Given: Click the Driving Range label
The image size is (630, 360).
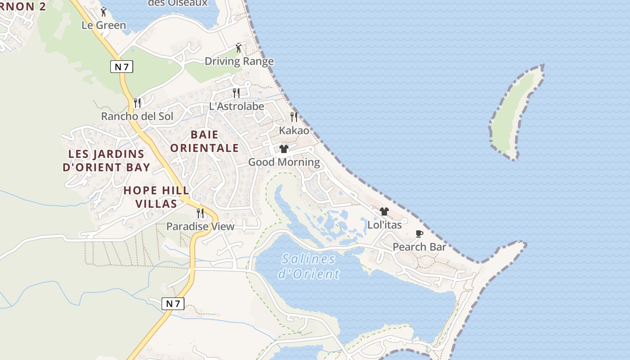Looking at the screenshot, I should point(239,61).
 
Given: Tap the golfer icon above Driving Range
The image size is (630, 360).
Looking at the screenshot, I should point(238,48).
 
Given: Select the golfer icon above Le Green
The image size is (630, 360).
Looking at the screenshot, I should point(103,12).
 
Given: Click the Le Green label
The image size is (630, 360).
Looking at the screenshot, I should point(103,25).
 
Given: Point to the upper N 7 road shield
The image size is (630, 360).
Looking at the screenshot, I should point(121,67).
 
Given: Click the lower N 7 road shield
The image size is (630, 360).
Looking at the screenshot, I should point(173,303).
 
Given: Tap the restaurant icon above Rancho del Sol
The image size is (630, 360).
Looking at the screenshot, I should point(137,103).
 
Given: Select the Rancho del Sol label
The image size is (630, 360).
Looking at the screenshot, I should point(137,116).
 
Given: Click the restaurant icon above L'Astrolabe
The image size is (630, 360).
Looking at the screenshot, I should point(236,93).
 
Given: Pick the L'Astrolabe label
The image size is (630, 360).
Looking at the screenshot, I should point(236,107).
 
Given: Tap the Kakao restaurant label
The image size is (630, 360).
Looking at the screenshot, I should point(294,130).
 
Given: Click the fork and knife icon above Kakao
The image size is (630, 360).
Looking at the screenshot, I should point(294,117).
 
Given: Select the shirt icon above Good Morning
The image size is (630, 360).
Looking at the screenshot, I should point(284,149).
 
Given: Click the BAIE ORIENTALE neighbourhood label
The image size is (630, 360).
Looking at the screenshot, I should point(204,141).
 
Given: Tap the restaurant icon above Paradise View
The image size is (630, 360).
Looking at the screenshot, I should point(200,213).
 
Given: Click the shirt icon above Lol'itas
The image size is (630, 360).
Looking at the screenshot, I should point(384,211).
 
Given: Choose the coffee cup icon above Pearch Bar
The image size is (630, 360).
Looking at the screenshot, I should point(419,234).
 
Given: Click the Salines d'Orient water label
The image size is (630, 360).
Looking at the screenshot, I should point(309,266).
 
